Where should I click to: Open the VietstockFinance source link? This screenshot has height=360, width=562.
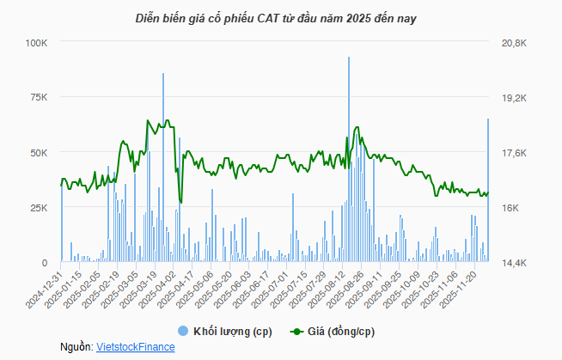tap(137, 346)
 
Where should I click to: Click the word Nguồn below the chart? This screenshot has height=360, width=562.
tap(76, 346)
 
